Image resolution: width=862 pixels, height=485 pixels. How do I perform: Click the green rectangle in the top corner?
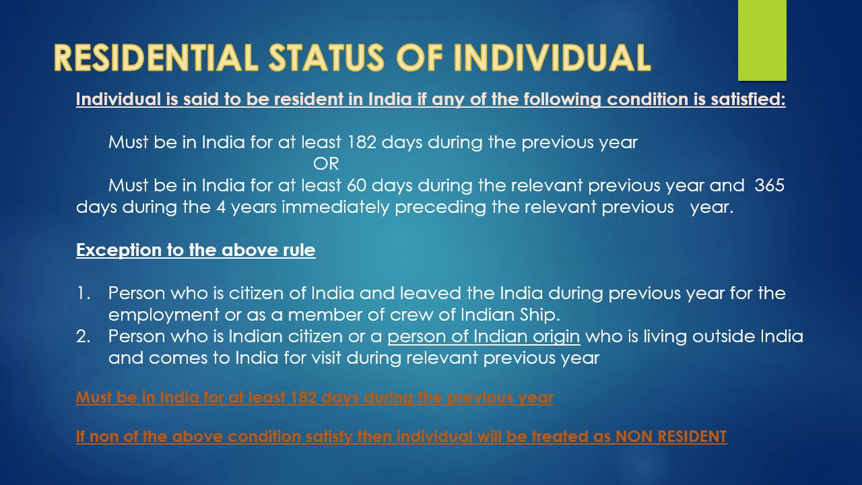[x=762, y=40]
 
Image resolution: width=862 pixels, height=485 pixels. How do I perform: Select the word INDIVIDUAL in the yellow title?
[x=552, y=58]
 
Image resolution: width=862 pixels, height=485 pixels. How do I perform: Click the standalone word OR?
[x=326, y=164]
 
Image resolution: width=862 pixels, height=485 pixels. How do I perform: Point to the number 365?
[x=770, y=185]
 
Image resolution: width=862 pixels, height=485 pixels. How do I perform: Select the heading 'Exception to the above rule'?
[x=195, y=251]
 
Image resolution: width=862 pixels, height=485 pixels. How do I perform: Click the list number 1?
[x=83, y=294]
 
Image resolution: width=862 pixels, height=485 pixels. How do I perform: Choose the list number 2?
[x=83, y=336]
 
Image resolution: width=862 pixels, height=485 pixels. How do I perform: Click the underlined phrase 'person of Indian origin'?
[x=484, y=336]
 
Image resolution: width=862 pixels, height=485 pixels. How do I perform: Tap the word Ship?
[x=542, y=315]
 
